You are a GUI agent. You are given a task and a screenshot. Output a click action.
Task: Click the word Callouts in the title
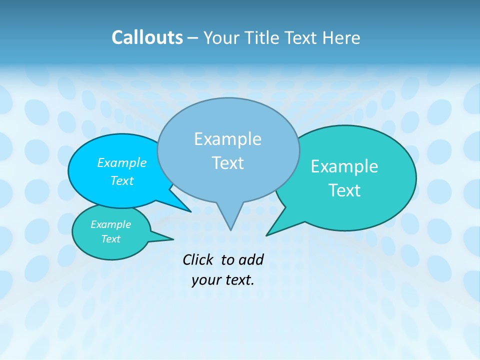[x=147, y=37]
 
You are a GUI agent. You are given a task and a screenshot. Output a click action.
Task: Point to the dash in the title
[x=193, y=38]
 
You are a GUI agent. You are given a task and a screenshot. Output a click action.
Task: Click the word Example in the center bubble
[x=227, y=139]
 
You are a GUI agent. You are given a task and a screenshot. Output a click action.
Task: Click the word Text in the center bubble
[x=227, y=163]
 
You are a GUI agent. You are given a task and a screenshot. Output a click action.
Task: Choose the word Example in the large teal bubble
[x=344, y=166]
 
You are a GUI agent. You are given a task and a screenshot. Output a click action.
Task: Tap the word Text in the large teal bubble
[x=344, y=190]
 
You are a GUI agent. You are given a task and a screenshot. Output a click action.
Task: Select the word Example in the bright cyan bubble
[x=121, y=163]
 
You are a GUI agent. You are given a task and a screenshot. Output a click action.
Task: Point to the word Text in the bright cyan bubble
[x=121, y=180]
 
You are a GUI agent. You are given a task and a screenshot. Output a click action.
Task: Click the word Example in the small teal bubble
[x=110, y=224]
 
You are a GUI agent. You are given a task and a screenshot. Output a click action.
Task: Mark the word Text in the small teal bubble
[x=110, y=239]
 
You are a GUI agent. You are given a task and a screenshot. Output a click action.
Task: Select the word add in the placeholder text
[x=250, y=259]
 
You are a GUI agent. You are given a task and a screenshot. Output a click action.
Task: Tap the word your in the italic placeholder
[x=205, y=280]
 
